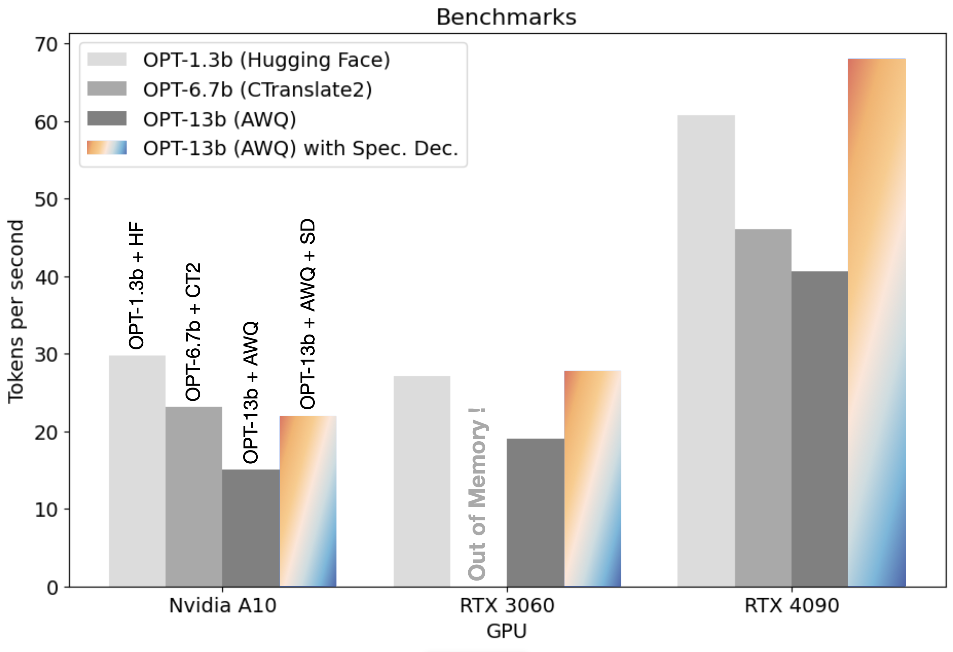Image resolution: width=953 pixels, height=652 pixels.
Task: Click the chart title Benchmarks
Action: coord(506,17)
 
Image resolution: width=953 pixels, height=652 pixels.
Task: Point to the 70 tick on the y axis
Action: coord(46,44)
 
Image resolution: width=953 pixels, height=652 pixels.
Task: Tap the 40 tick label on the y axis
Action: coord(46,278)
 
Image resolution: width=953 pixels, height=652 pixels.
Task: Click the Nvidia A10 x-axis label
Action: coord(223,605)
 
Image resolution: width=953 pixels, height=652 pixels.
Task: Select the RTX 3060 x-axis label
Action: coord(507,605)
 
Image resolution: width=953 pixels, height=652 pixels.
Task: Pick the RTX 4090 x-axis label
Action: coord(792,605)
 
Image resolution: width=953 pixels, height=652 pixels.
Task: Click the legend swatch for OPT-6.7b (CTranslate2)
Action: coord(107,89)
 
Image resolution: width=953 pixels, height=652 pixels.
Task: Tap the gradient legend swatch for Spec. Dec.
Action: coord(107,148)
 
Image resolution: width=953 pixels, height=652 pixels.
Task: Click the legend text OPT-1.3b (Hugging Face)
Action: coord(267,60)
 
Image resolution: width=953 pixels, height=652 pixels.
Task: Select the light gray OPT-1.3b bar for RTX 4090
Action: coord(706,352)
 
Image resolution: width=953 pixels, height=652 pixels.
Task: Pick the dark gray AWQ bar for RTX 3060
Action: coord(535,512)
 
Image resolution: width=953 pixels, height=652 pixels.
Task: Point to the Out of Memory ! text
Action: coord(477,494)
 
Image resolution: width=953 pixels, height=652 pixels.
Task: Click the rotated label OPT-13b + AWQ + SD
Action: coord(307,313)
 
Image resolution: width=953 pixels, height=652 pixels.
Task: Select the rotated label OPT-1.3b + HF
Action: coord(136,285)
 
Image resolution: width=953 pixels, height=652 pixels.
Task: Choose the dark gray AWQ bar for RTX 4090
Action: coord(819,428)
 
